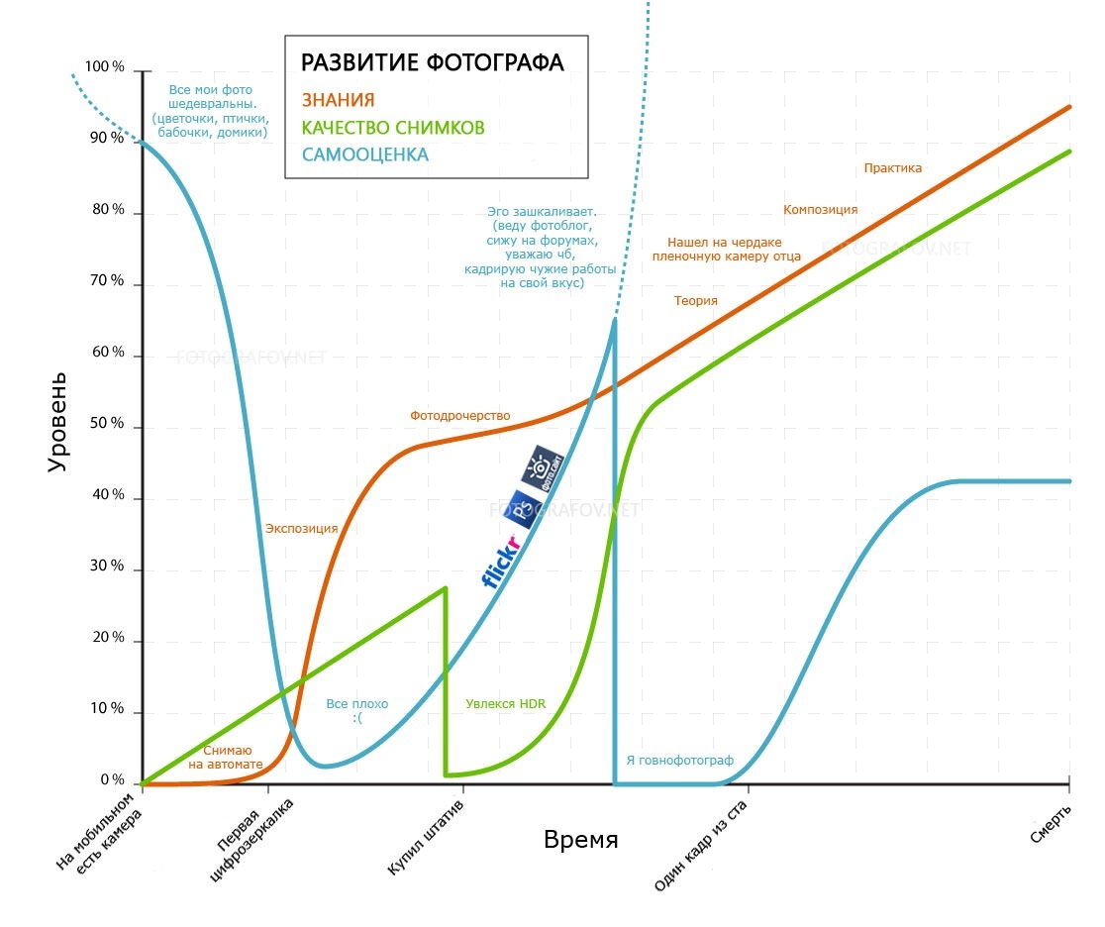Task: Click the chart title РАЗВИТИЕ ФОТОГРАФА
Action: (433, 63)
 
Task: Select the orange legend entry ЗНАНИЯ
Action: (338, 99)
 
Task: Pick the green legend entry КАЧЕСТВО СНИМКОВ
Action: (393, 128)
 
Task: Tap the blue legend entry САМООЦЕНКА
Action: (365, 155)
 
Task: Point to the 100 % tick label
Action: (105, 67)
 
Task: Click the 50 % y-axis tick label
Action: (105, 425)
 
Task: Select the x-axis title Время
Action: (580, 841)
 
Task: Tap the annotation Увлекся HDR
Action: (505, 704)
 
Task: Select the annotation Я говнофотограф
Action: (679, 761)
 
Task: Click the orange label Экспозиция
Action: (301, 529)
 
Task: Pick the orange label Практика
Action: (892, 168)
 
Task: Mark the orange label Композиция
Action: (820, 210)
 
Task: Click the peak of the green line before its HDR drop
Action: (446, 587)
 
